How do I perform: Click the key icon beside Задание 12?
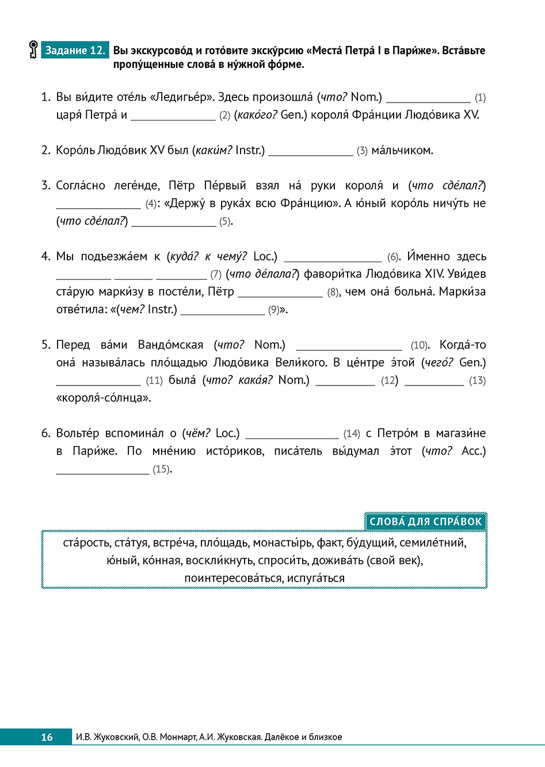coord(33,50)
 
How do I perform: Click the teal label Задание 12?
coord(75,50)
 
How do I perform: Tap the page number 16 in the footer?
coord(47,736)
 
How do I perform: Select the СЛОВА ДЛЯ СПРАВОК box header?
coord(425,522)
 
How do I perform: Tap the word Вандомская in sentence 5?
coord(170,345)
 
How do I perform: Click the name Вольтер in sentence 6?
coord(77,433)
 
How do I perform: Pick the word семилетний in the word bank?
coord(433,542)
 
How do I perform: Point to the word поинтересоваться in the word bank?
coord(233,578)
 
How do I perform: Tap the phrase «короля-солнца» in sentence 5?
coord(104,398)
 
